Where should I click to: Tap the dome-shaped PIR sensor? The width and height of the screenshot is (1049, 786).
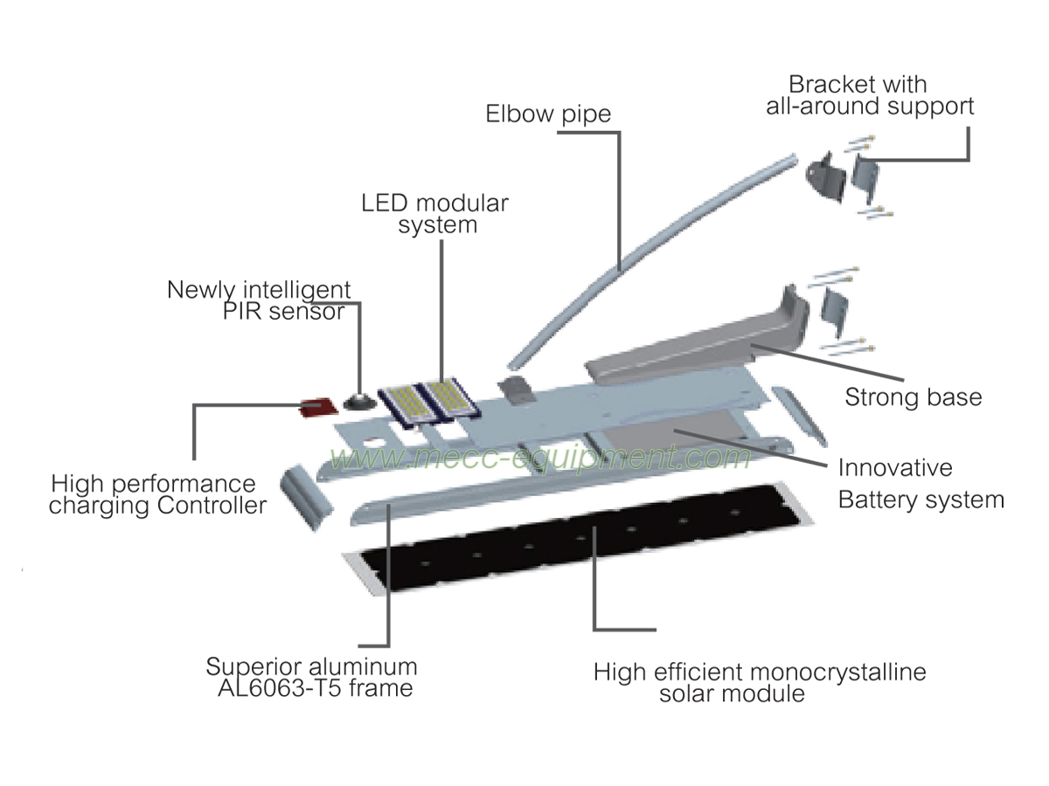coord(358,402)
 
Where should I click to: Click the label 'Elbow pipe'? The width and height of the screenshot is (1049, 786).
coord(549,114)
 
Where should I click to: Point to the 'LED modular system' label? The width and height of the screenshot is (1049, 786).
coord(434,214)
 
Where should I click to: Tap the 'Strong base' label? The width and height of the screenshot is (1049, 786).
coord(913,397)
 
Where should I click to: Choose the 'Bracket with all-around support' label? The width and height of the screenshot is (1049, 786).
coord(869,96)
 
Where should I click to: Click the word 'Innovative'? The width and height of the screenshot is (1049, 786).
coord(895,467)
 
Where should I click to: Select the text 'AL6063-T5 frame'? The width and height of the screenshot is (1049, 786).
coord(315,688)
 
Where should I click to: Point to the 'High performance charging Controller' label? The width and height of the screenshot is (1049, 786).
coord(156,494)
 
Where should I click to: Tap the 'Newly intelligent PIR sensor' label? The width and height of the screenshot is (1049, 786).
coord(260,300)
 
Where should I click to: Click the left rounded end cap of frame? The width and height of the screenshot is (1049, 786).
coord(306,498)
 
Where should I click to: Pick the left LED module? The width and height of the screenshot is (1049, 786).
coord(408,405)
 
